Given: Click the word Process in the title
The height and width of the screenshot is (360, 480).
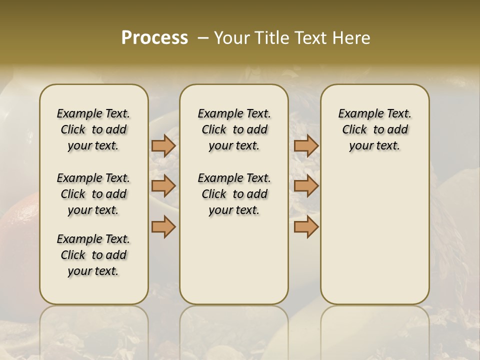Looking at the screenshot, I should (154, 38).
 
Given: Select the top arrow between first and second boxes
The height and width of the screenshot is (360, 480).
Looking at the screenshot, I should (163, 145).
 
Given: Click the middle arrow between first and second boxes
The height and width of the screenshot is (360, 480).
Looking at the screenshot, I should (163, 186).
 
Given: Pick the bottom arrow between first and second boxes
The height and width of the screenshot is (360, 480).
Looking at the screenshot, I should (163, 226).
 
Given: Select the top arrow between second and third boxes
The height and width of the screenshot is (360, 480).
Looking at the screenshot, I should (306, 145).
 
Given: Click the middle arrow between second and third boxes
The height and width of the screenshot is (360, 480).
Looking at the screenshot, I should (306, 186).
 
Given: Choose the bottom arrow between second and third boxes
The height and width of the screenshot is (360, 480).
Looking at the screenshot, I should (306, 226).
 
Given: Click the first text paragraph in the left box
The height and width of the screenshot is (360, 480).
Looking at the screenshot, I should (93, 129).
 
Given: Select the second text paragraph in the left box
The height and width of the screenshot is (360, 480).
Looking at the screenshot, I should (93, 194).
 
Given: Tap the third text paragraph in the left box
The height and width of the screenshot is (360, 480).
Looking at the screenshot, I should (93, 255).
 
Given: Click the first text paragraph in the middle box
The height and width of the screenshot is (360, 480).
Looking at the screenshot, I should (234, 129).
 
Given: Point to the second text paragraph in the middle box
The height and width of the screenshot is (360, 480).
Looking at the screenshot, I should (234, 194).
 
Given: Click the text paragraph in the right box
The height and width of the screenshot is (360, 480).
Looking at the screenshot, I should (374, 129).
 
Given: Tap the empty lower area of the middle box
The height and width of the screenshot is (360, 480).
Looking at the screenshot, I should (234, 260).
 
